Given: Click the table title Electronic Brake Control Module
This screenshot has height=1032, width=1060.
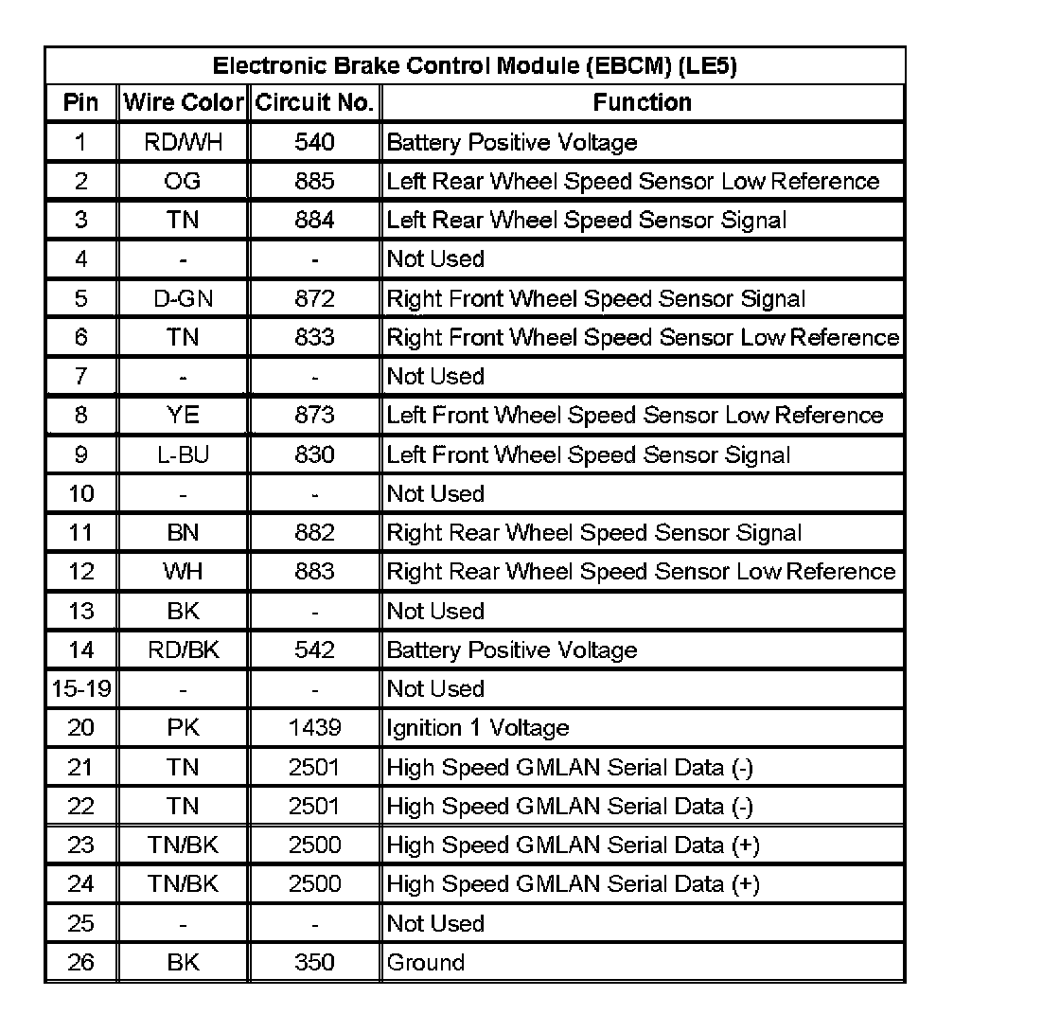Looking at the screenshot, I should [x=474, y=66].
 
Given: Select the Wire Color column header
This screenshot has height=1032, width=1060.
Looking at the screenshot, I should [x=184, y=102].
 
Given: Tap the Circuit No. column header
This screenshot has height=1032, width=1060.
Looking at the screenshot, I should [x=314, y=102].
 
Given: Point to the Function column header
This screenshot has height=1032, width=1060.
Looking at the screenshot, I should [x=642, y=102].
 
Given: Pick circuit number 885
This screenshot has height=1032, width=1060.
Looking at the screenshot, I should [x=314, y=181].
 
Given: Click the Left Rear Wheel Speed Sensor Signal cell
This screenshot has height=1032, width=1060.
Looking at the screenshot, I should [x=587, y=221].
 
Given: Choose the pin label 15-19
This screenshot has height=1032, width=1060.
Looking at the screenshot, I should [x=81, y=689].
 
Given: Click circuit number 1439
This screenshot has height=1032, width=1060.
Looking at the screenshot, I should [x=314, y=728].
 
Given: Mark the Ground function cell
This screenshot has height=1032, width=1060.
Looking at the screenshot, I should [x=426, y=963].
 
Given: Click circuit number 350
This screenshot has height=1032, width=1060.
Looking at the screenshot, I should [x=314, y=963].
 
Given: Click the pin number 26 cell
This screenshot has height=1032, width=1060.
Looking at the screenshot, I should [x=81, y=963].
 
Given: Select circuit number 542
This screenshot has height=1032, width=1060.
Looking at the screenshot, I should [x=314, y=650].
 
